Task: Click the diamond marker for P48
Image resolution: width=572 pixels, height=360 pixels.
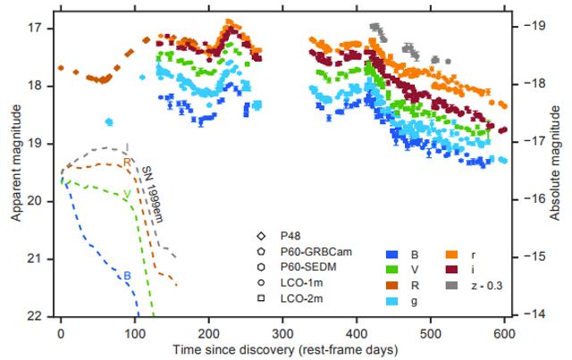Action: point(262,237)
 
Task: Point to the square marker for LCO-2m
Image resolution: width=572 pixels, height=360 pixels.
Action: point(262,297)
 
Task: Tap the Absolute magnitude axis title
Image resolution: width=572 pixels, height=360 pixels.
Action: point(561,170)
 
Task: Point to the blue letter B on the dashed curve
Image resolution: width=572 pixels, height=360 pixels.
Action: point(128,275)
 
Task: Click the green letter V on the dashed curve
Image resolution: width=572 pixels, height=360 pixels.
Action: point(127,194)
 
